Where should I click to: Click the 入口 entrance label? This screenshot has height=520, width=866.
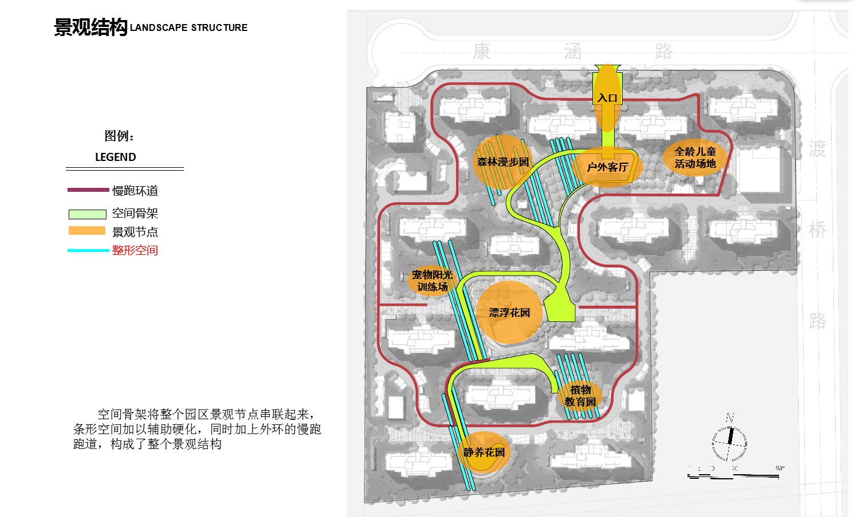tap(607, 98)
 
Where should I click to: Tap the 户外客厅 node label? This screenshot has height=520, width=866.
tap(607, 167)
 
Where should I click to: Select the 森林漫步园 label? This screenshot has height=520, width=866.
tap(503, 162)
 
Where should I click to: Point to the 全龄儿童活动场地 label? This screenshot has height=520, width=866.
tap(695, 157)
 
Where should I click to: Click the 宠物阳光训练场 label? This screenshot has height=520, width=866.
tap(432, 281)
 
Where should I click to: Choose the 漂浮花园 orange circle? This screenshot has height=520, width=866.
tap(509, 313)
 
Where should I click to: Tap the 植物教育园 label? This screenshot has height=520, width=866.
tap(580, 396)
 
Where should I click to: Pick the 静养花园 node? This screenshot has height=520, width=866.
tap(484, 452)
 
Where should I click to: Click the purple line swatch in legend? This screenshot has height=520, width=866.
tap(88, 190)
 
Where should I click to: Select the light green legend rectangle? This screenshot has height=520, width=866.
tap(87, 214)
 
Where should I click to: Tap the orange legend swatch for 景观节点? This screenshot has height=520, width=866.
tap(87, 231)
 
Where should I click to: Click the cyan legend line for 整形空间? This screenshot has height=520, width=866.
tap(88, 250)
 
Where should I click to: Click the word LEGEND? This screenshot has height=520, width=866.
tap(115, 157)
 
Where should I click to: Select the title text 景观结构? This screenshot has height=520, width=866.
tap(90, 27)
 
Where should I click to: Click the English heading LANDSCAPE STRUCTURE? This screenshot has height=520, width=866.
tap(189, 27)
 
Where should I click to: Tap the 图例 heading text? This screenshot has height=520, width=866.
tap(119, 136)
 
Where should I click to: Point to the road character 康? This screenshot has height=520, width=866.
tap(481, 52)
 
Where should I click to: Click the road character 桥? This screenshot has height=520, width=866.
tap(817, 230)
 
